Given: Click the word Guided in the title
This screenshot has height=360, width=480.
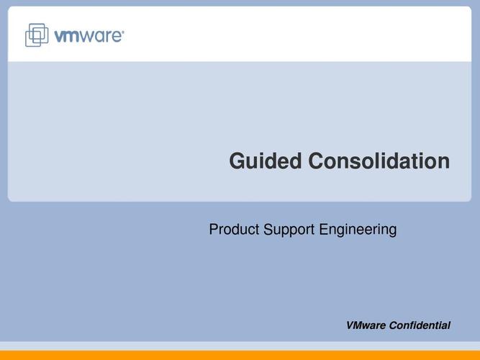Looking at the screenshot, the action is [x=266, y=161].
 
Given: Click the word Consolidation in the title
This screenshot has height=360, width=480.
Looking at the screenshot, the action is [x=379, y=161].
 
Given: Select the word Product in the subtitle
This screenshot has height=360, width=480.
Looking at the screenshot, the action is [x=234, y=229].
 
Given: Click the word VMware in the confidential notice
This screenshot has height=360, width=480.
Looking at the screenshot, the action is [x=366, y=325].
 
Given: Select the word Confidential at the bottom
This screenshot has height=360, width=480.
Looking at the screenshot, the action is [x=420, y=325].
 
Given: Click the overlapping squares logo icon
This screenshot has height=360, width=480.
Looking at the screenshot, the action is [x=37, y=35].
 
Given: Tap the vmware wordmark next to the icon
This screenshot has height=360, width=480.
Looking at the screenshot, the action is [x=89, y=36].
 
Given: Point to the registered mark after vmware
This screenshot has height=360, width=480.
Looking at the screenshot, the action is [x=123, y=31].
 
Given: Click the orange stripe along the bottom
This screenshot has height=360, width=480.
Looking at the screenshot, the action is [x=240, y=355].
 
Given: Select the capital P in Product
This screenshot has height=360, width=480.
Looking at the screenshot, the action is [x=213, y=229].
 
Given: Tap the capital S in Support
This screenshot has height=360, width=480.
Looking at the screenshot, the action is [x=268, y=229].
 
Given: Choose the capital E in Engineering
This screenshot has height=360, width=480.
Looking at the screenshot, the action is [x=323, y=229].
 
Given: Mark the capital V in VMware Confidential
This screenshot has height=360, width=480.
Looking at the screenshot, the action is [x=350, y=325].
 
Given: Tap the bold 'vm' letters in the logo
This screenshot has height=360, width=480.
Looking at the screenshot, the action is [x=67, y=36].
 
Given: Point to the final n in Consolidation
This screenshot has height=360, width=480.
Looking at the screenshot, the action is [x=444, y=163].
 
